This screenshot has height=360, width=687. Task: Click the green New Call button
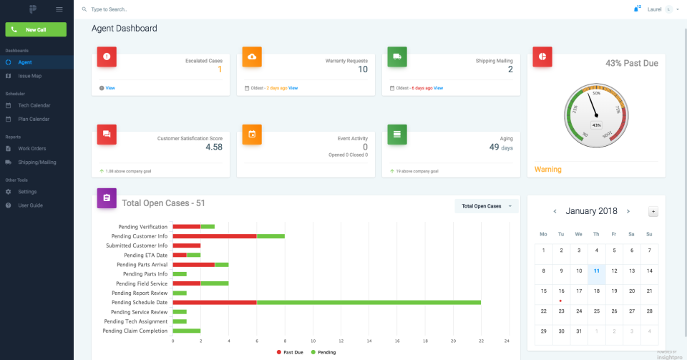pyautogui.click(x=36, y=29)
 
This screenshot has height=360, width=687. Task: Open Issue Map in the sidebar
pyautogui.click(x=29, y=76)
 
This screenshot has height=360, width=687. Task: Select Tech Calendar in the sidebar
pyautogui.click(x=34, y=105)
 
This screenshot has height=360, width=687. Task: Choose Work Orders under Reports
pyautogui.click(x=31, y=148)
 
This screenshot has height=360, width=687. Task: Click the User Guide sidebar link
pyautogui.click(x=30, y=205)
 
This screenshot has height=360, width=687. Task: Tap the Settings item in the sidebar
pyautogui.click(x=27, y=192)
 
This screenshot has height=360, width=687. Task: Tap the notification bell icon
pyautogui.click(x=635, y=9)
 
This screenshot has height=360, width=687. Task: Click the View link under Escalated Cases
pyautogui.click(x=109, y=88)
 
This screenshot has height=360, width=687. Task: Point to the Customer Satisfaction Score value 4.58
pyautogui.click(x=213, y=147)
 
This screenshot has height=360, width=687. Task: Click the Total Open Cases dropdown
pyautogui.click(x=486, y=206)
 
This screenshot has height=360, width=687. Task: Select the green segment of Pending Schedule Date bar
pyautogui.click(x=369, y=303)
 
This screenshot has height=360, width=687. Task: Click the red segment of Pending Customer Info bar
pyautogui.click(x=215, y=236)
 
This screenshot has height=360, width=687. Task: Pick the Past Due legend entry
pyautogui.click(x=290, y=352)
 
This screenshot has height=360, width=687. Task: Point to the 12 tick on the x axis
pyautogui.click(x=341, y=341)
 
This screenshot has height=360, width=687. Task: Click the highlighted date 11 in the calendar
pyautogui.click(x=596, y=271)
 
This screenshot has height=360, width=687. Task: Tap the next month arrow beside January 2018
pyautogui.click(x=628, y=211)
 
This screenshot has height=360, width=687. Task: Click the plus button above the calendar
pyautogui.click(x=653, y=211)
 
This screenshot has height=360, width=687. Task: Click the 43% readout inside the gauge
pyautogui.click(x=596, y=125)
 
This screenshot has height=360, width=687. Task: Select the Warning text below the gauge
pyautogui.click(x=548, y=170)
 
